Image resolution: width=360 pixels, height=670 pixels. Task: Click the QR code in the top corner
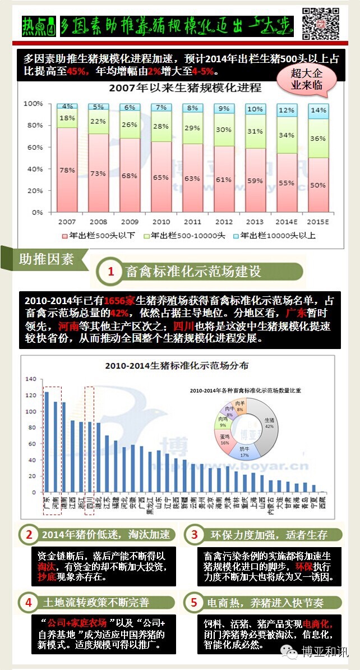[321, 24]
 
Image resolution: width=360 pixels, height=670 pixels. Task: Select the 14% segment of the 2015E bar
[319, 111]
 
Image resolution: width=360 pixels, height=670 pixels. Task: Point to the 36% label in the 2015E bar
[319, 138]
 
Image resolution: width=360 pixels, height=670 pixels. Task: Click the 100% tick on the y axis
[35, 104]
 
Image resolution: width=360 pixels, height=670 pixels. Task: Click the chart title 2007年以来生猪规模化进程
[185, 88]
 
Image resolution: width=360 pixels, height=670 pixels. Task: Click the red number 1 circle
[111, 272]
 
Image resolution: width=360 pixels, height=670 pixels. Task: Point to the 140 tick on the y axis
[30, 379]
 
